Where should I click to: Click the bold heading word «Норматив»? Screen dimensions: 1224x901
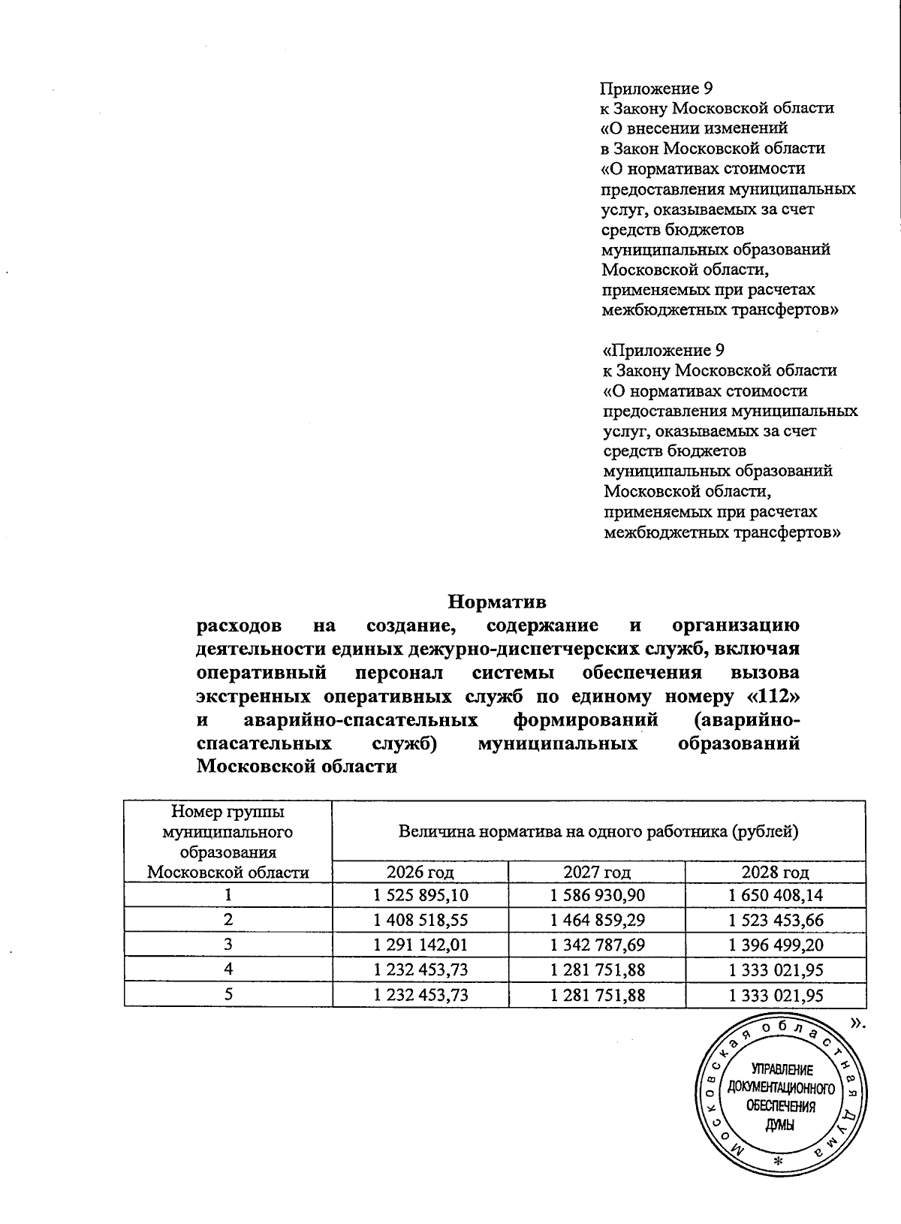pyautogui.click(x=497, y=602)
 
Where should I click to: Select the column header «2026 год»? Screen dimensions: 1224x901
pyautogui.click(x=420, y=872)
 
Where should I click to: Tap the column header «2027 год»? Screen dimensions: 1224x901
pyautogui.click(x=597, y=872)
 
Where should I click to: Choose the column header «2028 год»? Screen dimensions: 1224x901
pyautogui.click(x=776, y=872)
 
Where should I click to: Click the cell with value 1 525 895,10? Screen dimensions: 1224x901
pyautogui.click(x=420, y=895)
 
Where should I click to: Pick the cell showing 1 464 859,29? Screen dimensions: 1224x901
pyautogui.click(x=597, y=919)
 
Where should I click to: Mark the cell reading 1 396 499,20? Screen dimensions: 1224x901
pyautogui.click(x=776, y=944)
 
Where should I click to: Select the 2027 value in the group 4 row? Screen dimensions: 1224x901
pyautogui.click(x=597, y=969)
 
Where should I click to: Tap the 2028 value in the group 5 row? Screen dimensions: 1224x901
pyautogui.click(x=776, y=995)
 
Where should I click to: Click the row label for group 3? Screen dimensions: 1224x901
pyautogui.click(x=228, y=944)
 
